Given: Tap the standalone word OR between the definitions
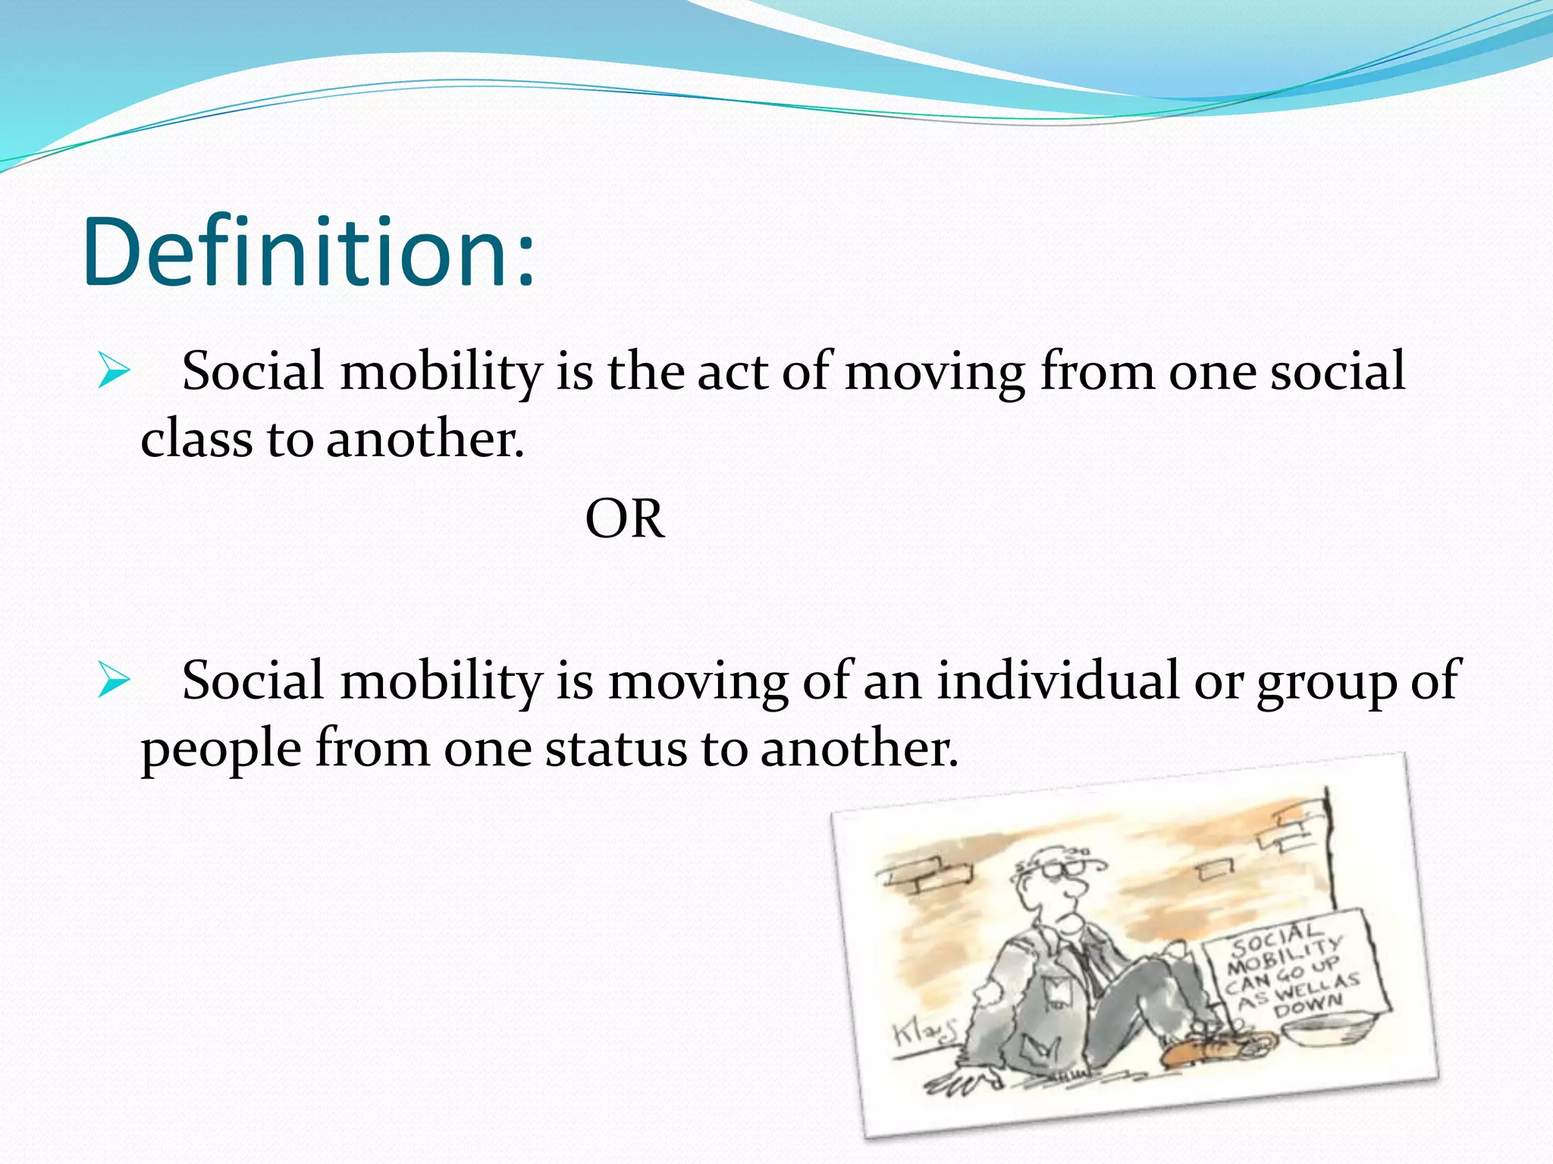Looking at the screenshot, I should click(x=624, y=520).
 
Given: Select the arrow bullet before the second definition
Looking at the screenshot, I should click(x=113, y=680).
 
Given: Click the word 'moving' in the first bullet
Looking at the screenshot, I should click(x=935, y=373).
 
